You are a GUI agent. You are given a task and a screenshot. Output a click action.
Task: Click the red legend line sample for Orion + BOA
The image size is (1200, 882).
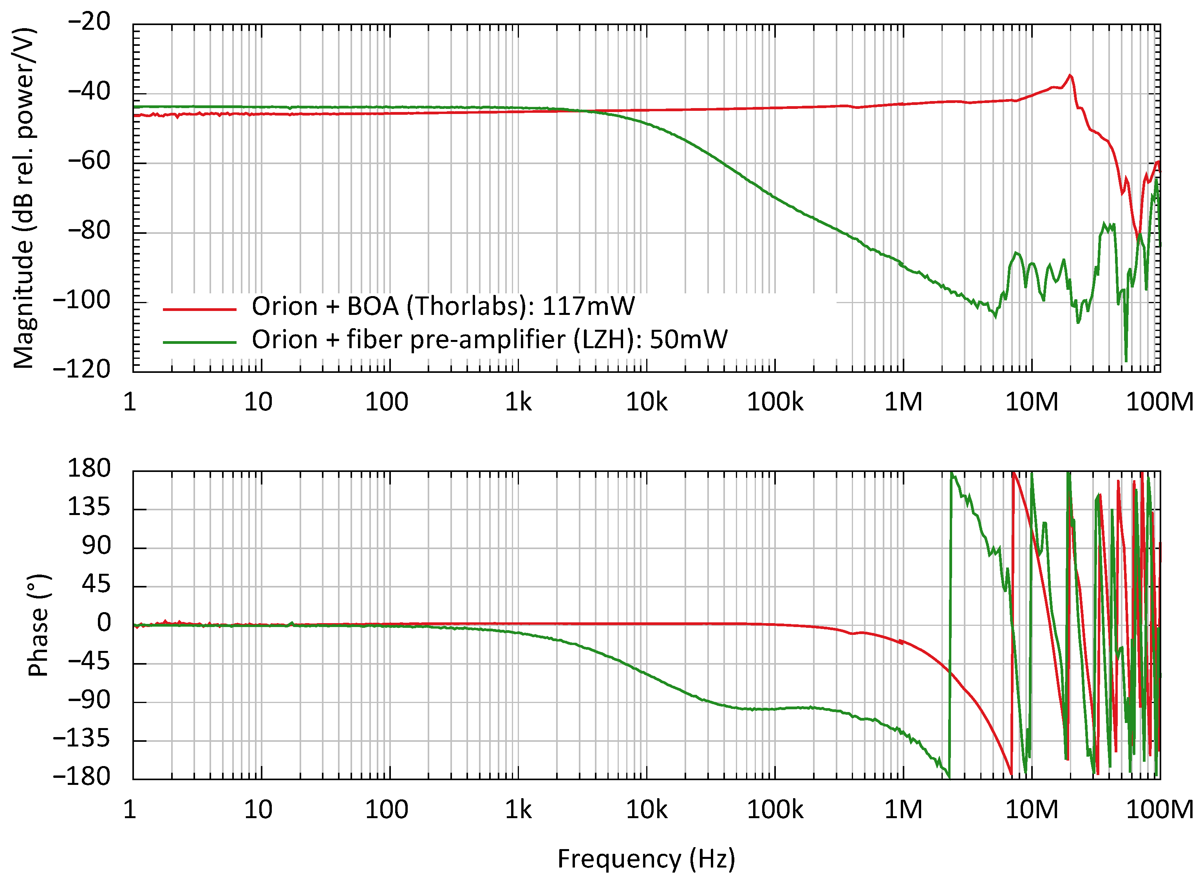(199, 309)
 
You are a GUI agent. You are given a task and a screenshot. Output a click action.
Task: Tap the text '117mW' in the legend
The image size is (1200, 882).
(588, 306)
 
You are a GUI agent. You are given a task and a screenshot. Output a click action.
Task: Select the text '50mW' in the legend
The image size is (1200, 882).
(688, 340)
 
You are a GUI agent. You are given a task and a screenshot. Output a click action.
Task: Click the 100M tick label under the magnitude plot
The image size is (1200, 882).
(1159, 402)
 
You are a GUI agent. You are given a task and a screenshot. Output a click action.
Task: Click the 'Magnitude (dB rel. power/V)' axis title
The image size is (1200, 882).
(24, 197)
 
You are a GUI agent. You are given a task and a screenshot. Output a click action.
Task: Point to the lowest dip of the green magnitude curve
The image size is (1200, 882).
(1126, 361)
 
